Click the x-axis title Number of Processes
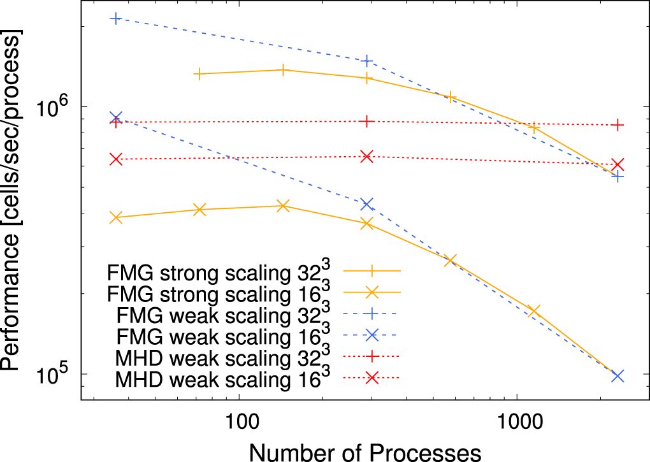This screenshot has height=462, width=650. click(365, 451)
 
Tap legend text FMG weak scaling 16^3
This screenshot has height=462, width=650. click(224, 335)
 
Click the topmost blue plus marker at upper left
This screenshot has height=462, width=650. click(115, 18)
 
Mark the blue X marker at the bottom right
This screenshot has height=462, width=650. click(617, 376)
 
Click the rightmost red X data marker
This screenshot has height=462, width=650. click(617, 164)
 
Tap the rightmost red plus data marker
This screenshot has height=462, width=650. click(617, 125)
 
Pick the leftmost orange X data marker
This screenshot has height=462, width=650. click(115, 217)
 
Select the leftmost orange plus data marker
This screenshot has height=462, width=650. click(199, 74)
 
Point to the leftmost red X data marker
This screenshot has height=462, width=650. click(115, 159)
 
